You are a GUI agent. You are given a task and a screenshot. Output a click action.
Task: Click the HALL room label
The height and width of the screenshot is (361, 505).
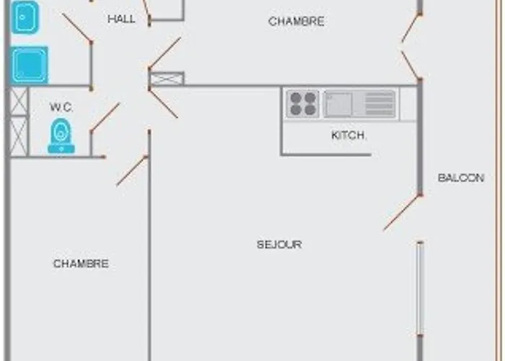pos(121,19)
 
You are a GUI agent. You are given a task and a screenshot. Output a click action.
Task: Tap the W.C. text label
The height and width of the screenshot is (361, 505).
pos(61,108)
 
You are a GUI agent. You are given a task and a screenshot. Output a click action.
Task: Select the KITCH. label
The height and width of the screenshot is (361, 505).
pos(348,135)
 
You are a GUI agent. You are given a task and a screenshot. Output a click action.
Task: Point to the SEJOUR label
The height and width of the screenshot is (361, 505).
pos(279,245)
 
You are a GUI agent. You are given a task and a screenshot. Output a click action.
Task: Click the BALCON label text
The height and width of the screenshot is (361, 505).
pos(461,178)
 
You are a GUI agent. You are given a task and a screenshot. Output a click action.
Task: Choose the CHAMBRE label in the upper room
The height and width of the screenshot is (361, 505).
pos(297,22)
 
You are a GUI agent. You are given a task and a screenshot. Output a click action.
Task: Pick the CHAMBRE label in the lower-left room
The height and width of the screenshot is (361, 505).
pos(81,264)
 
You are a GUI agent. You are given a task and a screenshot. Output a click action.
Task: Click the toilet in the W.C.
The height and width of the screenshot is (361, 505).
pos(61,136)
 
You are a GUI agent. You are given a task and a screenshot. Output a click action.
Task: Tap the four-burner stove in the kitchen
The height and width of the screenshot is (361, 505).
pos(303,103)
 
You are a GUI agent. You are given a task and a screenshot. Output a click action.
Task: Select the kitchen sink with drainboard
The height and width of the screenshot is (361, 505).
pos(359,104)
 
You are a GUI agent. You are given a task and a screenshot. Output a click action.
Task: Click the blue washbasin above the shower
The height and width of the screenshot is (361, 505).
pos(25,17)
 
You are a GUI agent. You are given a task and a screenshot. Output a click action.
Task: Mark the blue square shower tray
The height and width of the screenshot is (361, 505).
pos(30,65)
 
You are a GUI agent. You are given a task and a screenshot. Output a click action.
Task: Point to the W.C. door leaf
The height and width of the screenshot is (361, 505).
pos(105,117)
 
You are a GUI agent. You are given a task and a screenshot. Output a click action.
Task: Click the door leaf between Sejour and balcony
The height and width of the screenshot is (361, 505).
pos(402,213)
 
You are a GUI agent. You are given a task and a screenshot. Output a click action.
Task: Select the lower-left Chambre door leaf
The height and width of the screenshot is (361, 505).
pos(132,171)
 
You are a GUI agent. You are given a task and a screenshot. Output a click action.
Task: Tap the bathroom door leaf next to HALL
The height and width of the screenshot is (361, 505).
pos(76,27)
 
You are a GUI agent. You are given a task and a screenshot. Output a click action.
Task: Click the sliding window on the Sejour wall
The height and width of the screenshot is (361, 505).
pos(420,289)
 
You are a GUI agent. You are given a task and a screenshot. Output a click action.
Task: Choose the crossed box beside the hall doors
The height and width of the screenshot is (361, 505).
pos(167,79)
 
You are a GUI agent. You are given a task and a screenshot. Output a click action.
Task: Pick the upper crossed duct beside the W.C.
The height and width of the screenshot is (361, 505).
pos(19,102)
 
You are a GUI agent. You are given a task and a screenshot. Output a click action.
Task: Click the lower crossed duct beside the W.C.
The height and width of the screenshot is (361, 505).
pos(19,136)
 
